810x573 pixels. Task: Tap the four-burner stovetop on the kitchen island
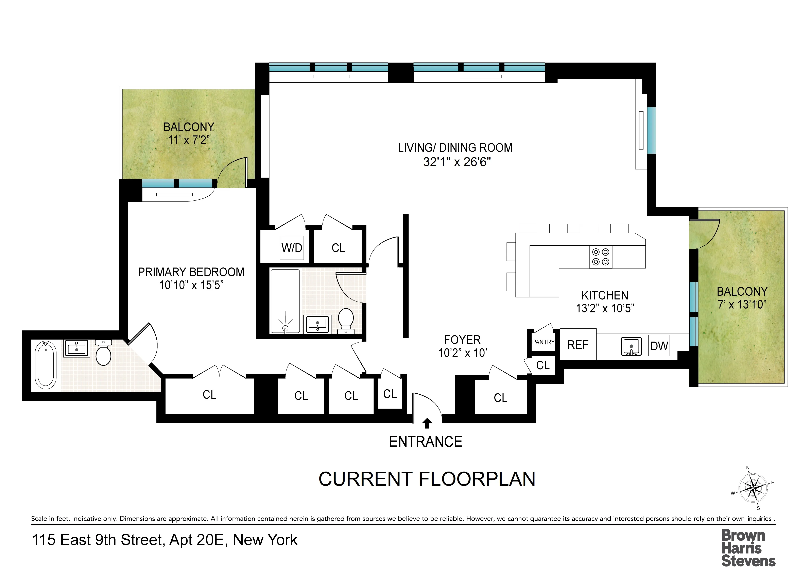[600, 257]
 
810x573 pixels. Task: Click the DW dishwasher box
[659, 346]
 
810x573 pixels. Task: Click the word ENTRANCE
[426, 442]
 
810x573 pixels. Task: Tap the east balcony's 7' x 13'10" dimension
[742, 304]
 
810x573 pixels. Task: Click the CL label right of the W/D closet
[338, 248]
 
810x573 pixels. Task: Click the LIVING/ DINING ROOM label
[455, 148]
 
